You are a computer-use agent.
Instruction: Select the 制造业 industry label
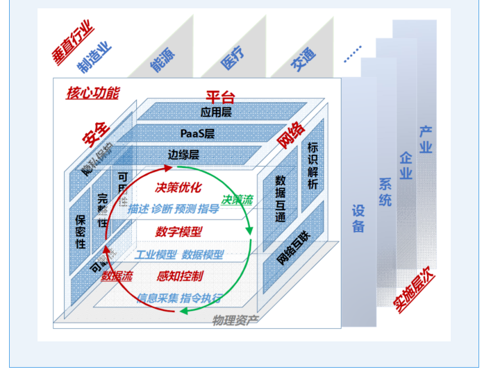[x=94, y=58]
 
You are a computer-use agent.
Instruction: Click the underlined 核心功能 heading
[x=93, y=92]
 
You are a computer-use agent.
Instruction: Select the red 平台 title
[x=222, y=97]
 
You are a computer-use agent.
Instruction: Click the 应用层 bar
[x=216, y=111]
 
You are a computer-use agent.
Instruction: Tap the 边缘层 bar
[x=183, y=154]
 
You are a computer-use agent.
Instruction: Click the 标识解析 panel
[x=313, y=167]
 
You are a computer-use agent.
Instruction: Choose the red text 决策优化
[x=178, y=187]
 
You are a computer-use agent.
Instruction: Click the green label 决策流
[x=238, y=200]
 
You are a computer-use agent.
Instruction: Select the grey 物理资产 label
[x=235, y=320]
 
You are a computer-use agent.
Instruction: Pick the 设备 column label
[x=358, y=218]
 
